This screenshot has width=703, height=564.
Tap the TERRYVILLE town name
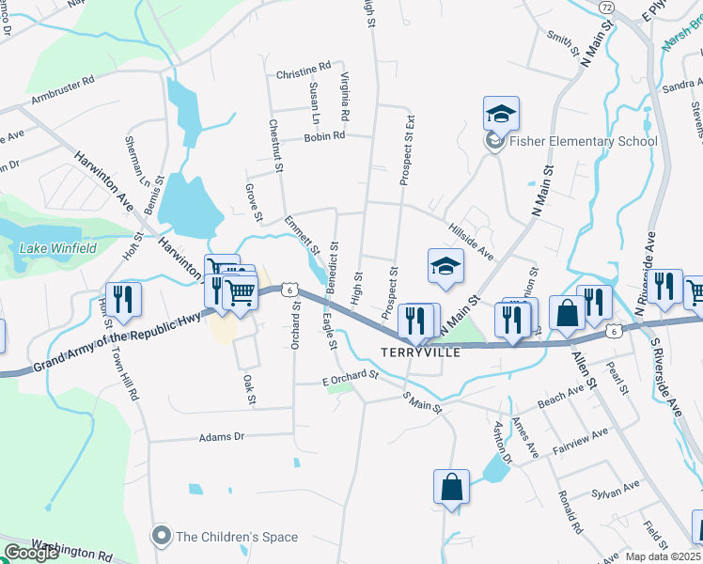point(419,353)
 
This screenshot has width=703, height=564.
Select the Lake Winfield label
point(58,248)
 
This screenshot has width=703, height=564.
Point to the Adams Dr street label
point(221,437)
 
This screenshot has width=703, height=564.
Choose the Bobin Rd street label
point(324,136)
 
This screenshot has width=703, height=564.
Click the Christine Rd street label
point(304,69)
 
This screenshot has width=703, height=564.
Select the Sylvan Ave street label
point(616,491)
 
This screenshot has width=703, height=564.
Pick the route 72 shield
point(606,8)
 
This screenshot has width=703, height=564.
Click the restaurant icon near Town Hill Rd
point(123,300)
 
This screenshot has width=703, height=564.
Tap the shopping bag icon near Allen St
point(568,313)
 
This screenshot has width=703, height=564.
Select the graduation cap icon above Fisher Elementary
point(501,115)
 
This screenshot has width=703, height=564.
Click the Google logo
point(32,553)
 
